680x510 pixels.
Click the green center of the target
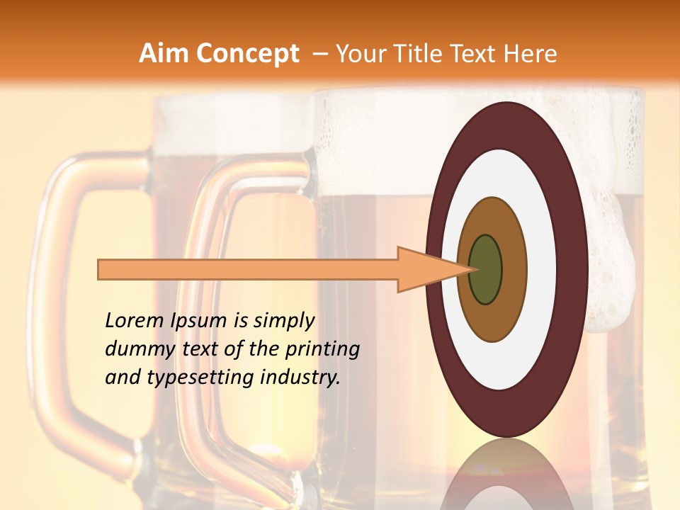[x=486, y=269]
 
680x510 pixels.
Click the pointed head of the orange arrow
[x=432, y=269]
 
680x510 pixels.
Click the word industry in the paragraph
[x=300, y=378]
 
